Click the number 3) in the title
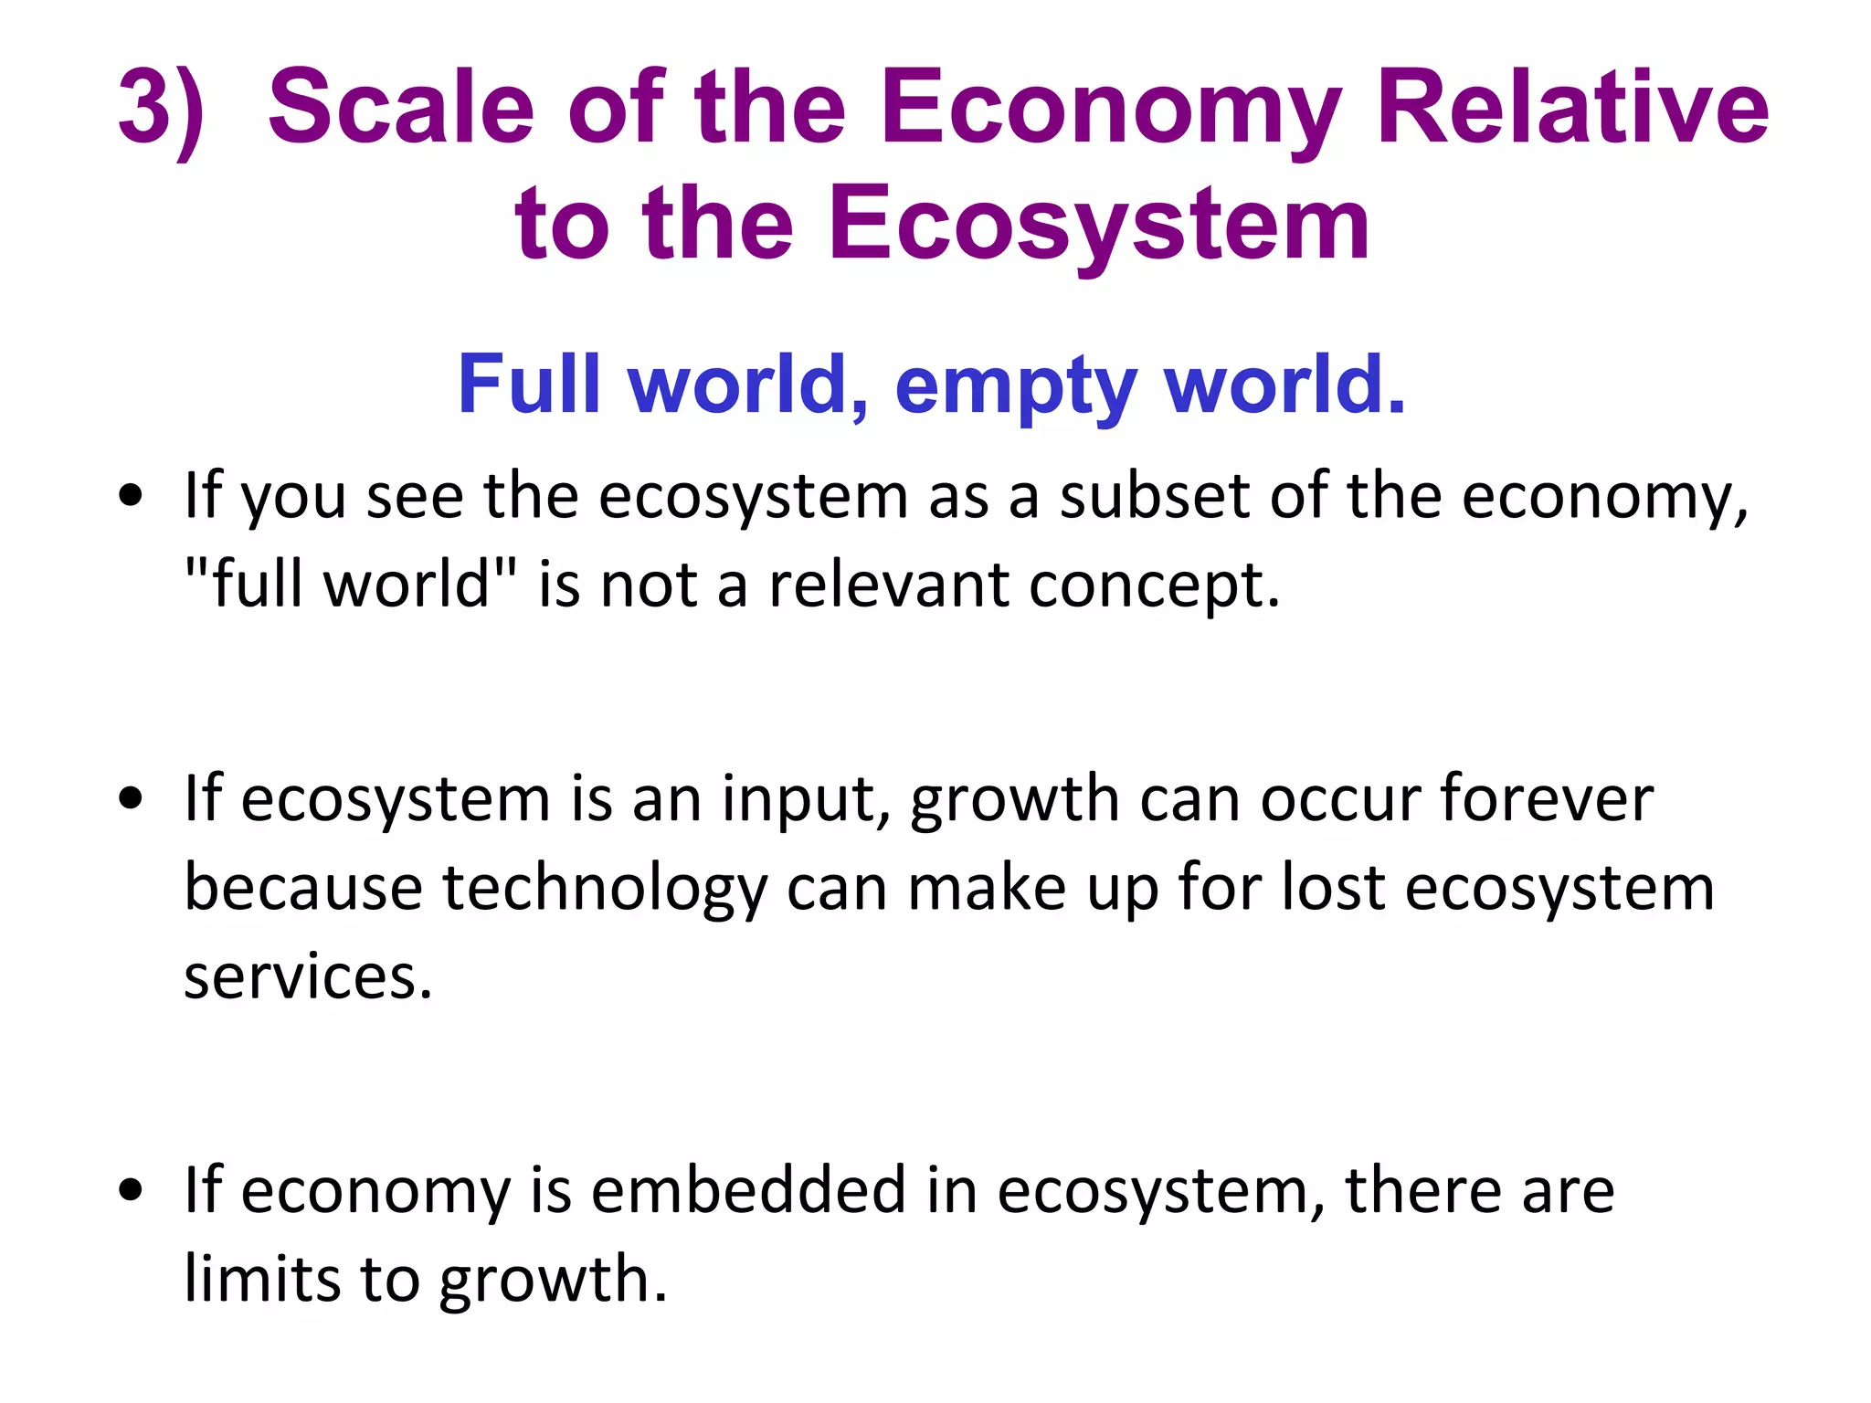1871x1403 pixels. click(x=161, y=110)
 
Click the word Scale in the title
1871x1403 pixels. click(x=400, y=108)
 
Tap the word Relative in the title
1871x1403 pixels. click(x=1572, y=108)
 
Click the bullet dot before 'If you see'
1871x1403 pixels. click(x=132, y=496)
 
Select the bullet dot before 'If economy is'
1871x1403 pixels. click(x=132, y=1190)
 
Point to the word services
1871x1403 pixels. click(x=307, y=976)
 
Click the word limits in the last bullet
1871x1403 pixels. click(x=261, y=1278)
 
